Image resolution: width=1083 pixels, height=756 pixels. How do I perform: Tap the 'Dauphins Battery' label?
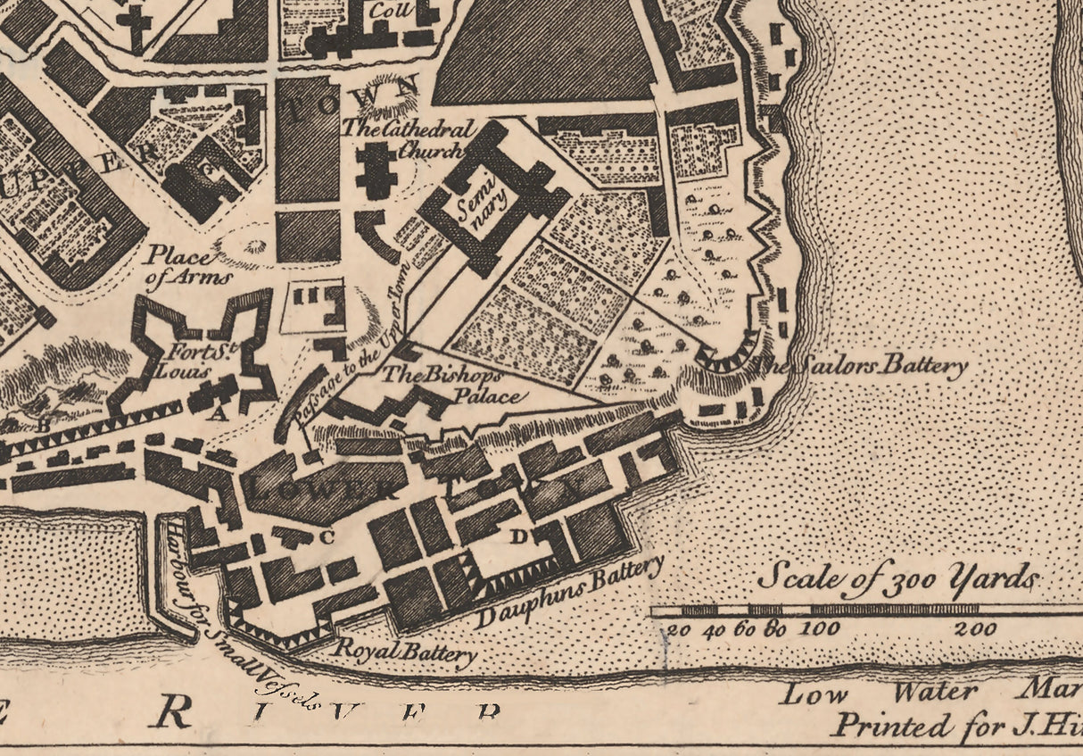571,591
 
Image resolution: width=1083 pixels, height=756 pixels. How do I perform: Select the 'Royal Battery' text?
404,652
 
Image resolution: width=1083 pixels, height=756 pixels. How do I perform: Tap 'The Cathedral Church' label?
404,138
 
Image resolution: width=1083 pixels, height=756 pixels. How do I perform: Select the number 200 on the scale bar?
975,628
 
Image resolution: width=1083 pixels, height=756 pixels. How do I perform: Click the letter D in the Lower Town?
518,536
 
